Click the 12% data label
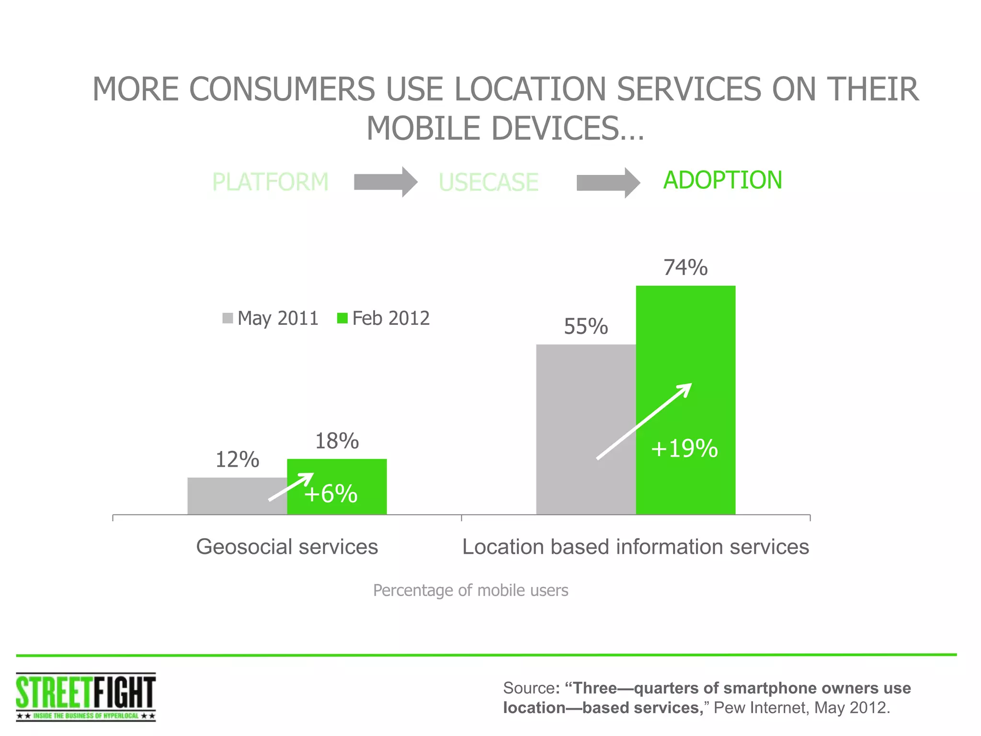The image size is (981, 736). pyautogui.click(x=237, y=460)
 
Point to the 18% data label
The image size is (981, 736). pyautogui.click(x=337, y=441)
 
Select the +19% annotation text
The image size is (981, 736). pyautogui.click(x=684, y=449)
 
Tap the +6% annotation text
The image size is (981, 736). pyautogui.click(x=331, y=494)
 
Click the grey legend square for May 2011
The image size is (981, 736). pyautogui.click(x=228, y=318)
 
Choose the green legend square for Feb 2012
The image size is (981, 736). pyautogui.click(x=342, y=318)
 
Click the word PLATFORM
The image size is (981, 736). pyautogui.click(x=270, y=182)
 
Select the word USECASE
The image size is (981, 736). pyautogui.click(x=489, y=183)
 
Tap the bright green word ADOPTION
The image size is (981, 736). pyautogui.click(x=722, y=181)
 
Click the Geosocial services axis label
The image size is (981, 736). pyautogui.click(x=287, y=547)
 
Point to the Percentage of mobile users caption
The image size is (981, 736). pyautogui.click(x=470, y=590)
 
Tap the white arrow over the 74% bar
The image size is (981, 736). pyautogui.click(x=644, y=421)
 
